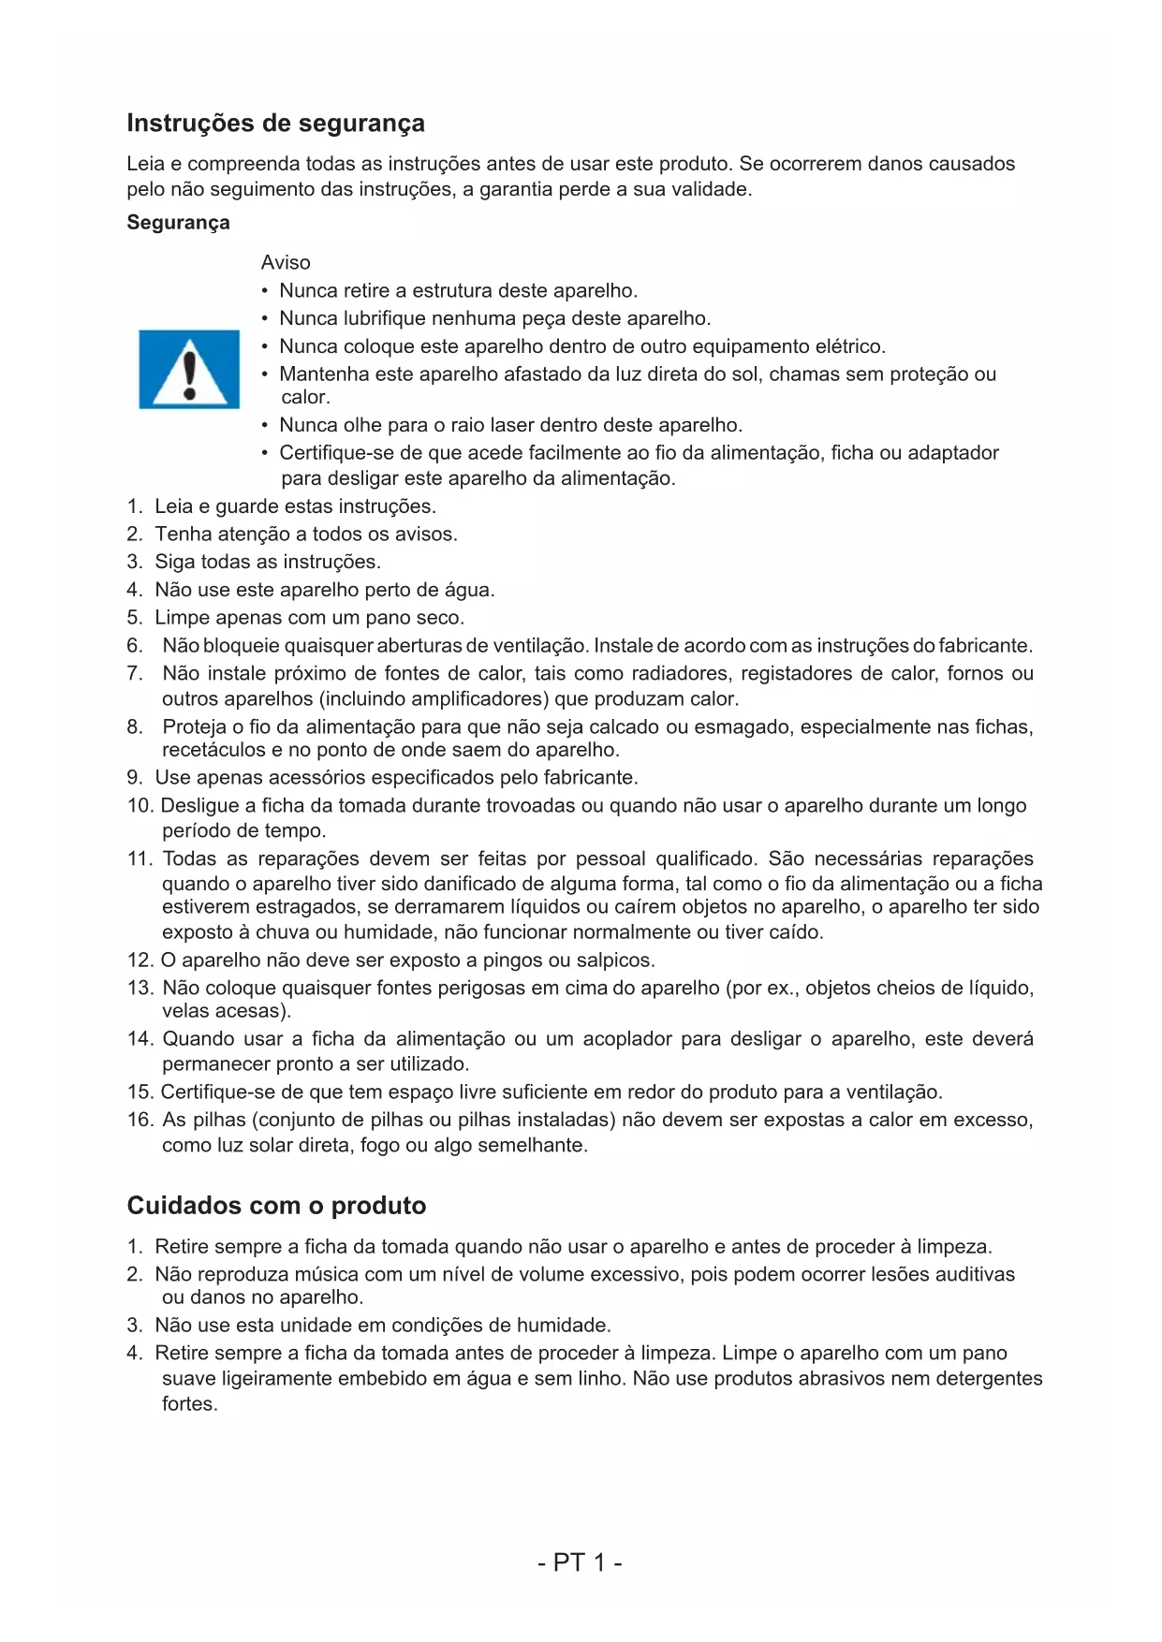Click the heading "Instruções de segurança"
[275, 124]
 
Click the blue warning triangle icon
[189, 370]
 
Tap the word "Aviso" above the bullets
[286, 263]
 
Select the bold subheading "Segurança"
[178, 223]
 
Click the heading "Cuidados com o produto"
[276, 1206]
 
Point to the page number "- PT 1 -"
[581, 1562]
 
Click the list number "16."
[140, 1121]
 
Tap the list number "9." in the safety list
[135, 778]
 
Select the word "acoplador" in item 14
[626, 1039]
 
